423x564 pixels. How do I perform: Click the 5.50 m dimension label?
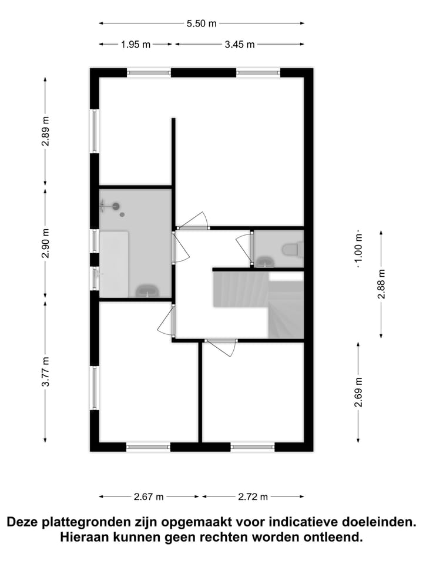[x=202, y=23]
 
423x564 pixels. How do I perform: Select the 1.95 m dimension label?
[x=136, y=44]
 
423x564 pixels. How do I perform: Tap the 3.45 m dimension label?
[x=240, y=44]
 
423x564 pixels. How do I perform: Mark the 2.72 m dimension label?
[x=253, y=496]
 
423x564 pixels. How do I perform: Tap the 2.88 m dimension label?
[x=381, y=284]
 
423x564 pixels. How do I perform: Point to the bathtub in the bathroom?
[x=113, y=263]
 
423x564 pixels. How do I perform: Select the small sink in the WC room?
[x=264, y=261]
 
